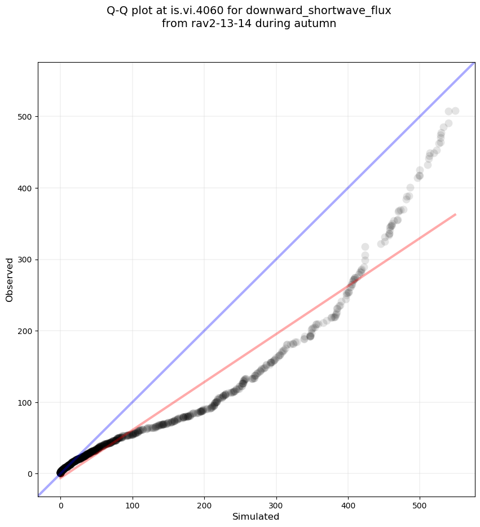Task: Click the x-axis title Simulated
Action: tap(256, 516)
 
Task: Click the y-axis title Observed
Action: tap(10, 279)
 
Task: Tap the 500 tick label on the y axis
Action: tap(26, 117)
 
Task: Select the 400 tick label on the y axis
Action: tap(26, 188)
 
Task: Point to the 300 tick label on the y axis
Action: tap(26, 260)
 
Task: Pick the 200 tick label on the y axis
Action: tap(26, 331)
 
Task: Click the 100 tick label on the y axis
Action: tap(26, 402)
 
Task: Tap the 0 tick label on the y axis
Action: tap(30, 474)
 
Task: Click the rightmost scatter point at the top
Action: tap(455, 111)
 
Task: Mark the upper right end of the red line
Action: tap(455, 214)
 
